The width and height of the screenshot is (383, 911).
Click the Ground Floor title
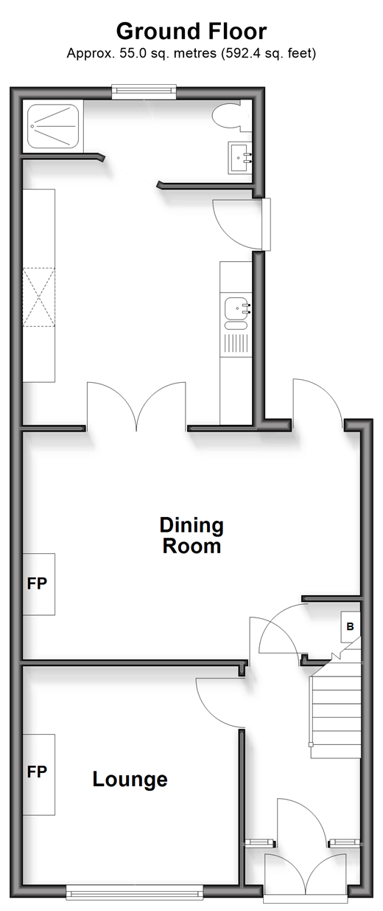[191, 31]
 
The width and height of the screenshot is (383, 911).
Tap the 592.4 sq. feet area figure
[268, 53]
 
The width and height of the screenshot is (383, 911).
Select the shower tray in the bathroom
[53, 125]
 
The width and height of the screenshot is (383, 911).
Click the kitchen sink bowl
[236, 308]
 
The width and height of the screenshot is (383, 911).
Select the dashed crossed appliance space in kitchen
[38, 297]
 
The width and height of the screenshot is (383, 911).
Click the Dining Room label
[191, 536]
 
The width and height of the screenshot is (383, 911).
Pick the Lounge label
[130, 779]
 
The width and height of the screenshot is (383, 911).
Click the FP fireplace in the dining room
[38, 584]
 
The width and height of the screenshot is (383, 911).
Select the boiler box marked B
[350, 627]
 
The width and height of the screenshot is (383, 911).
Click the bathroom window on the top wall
[144, 92]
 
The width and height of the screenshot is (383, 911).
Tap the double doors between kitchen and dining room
[136, 406]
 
